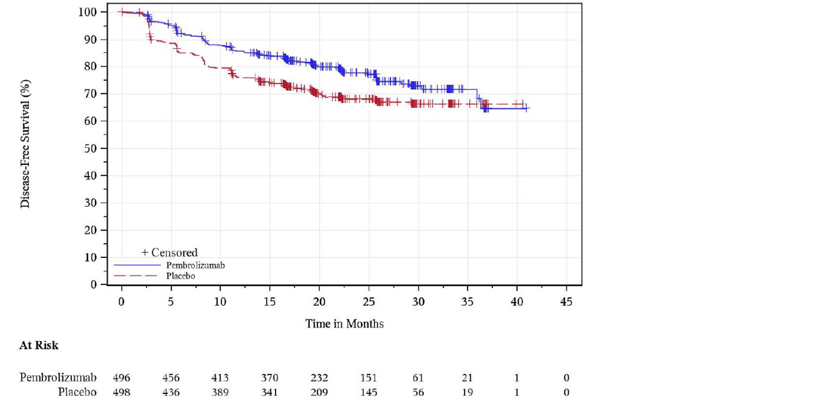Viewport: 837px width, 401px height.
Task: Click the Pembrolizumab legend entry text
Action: (195, 265)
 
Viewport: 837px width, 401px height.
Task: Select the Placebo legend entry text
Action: (180, 276)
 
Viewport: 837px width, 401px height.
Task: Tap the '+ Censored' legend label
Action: (169, 252)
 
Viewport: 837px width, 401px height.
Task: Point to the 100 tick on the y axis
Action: (87, 12)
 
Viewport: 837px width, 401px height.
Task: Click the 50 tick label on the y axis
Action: (90, 149)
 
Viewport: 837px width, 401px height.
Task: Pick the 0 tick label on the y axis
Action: (94, 285)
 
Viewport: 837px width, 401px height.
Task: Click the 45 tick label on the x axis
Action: (566, 302)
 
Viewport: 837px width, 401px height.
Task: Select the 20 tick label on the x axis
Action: (319, 302)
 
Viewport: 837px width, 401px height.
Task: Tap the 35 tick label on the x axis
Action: (467, 302)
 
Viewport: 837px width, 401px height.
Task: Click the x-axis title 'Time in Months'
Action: (344, 324)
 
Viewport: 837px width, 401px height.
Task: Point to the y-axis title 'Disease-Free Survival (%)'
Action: (25, 144)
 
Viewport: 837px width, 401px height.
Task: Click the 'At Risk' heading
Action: (39, 345)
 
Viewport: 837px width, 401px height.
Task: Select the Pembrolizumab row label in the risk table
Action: (58, 377)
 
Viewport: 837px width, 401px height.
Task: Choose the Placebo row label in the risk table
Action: (77, 392)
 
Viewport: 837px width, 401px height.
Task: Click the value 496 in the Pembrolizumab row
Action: (121, 378)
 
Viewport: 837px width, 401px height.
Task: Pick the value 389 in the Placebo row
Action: (220, 392)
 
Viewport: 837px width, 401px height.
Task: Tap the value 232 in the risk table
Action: (319, 378)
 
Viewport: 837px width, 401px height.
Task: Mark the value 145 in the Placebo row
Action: (369, 392)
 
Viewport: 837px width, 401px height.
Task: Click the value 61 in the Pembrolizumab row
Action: (418, 378)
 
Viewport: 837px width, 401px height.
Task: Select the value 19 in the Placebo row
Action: (467, 392)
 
